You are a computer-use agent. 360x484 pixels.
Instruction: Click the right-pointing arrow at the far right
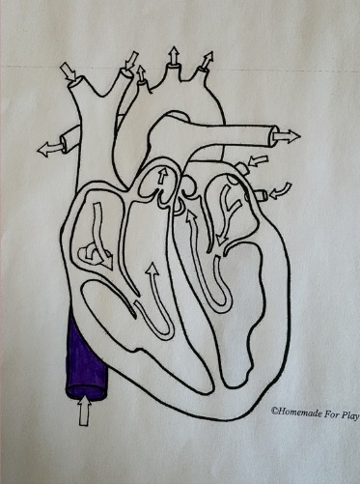(287, 134)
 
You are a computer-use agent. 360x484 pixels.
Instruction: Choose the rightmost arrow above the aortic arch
(205, 64)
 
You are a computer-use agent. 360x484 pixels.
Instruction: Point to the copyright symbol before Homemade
(274, 410)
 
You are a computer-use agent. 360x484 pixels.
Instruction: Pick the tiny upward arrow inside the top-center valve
(163, 177)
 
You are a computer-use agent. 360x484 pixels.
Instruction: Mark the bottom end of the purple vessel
(81, 393)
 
